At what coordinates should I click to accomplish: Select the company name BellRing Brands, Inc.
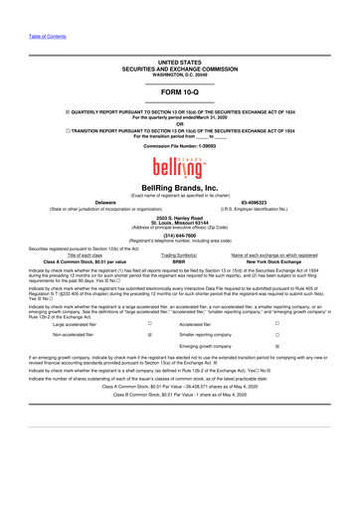(179, 188)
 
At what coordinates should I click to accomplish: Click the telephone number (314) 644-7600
(179, 235)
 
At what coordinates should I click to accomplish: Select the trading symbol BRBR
(179, 259)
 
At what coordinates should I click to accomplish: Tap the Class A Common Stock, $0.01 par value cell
(90, 259)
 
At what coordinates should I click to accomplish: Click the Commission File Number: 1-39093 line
(179, 145)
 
